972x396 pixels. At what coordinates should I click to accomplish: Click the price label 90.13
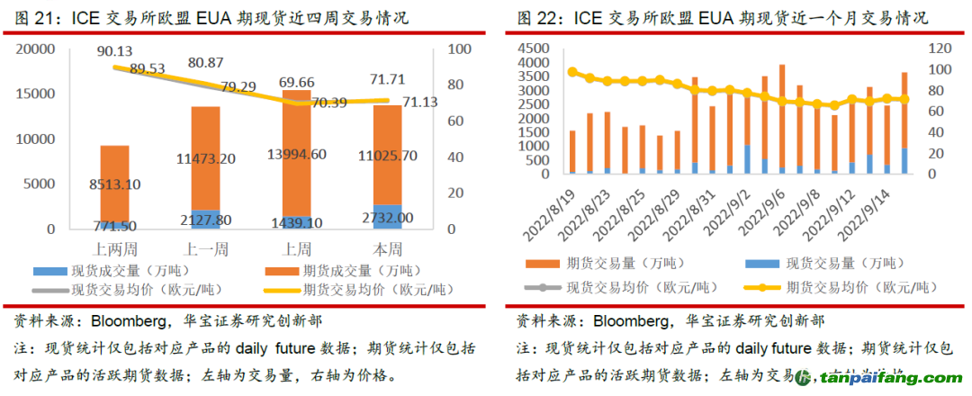pos(114,51)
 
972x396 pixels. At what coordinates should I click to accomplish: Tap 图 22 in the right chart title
pos(537,18)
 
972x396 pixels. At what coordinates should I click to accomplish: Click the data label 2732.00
pos(388,219)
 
